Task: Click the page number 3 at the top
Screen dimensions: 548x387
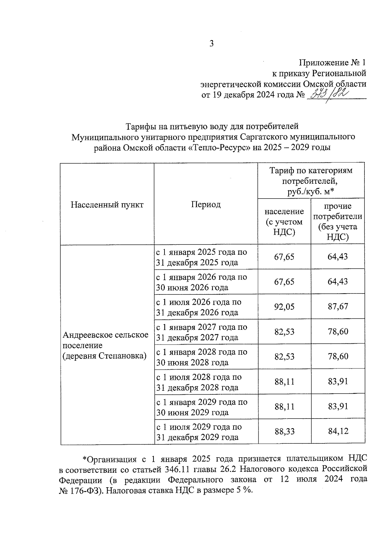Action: pos(212,44)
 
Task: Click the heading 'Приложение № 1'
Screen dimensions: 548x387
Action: pos(332,62)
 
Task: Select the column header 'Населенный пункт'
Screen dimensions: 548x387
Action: pos(107,204)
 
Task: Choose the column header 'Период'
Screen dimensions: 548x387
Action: pos(206,204)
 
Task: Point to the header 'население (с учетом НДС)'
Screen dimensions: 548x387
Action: pos(284,222)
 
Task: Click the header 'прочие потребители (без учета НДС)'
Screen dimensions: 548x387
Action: pos(338,222)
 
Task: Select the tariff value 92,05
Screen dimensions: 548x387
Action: pos(284,306)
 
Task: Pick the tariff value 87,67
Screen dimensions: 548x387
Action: pos(338,306)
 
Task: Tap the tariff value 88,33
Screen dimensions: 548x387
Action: pos(284,431)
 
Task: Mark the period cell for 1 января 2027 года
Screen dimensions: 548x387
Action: pos(202,332)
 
